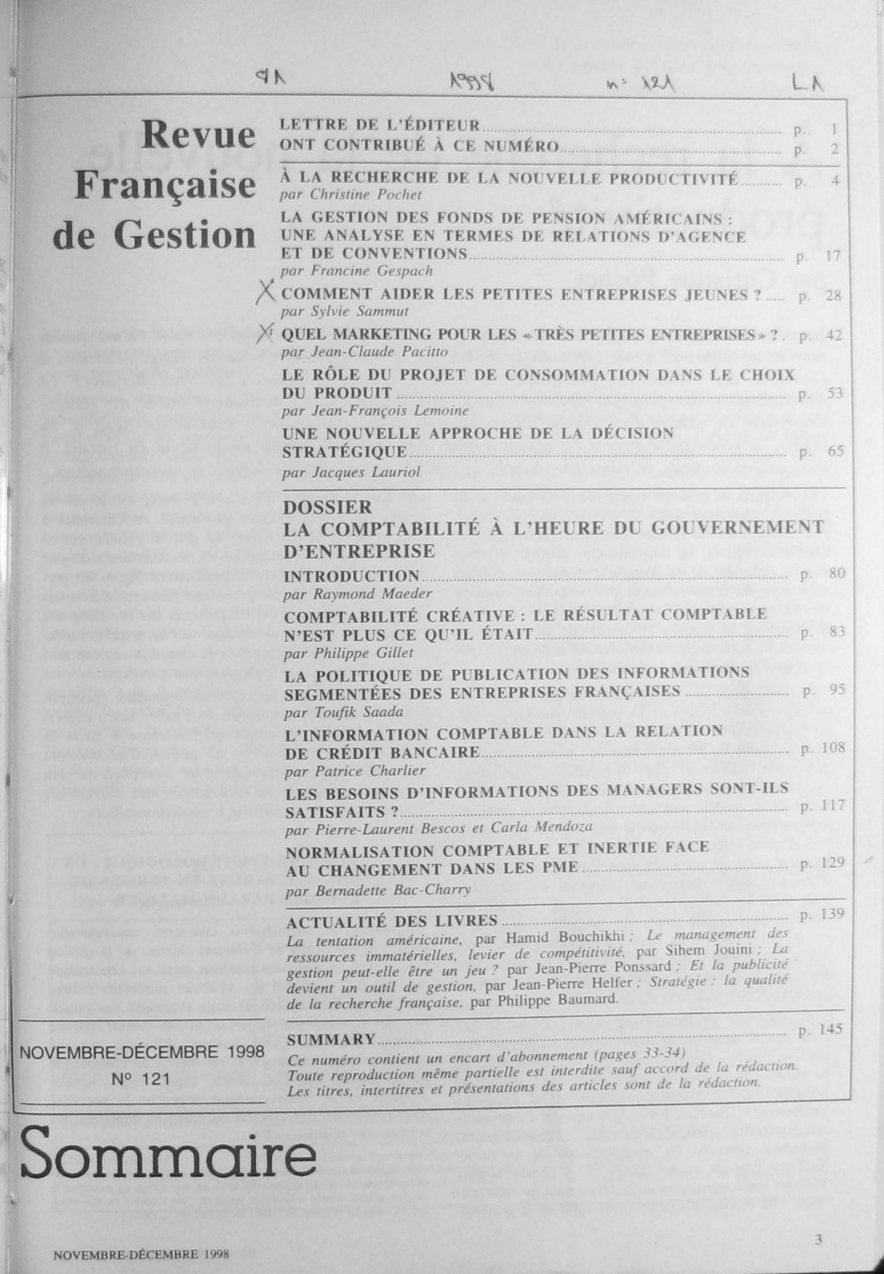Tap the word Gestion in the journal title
pyautogui.click(x=185, y=235)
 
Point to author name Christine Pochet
pyautogui.click(x=366, y=195)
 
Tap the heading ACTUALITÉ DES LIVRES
pyautogui.click(x=392, y=921)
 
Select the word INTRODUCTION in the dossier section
pyautogui.click(x=351, y=576)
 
